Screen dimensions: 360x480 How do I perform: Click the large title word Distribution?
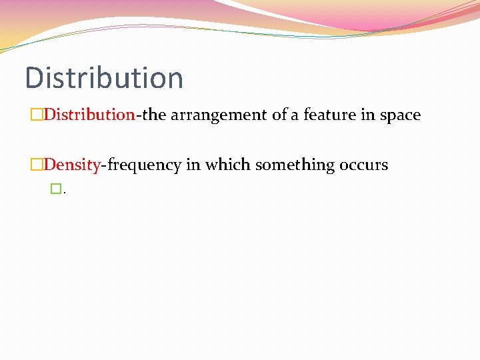point(103,77)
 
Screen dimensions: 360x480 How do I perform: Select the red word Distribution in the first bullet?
point(89,115)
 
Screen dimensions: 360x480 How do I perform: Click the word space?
point(400,115)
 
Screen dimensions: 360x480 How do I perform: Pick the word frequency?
point(144,165)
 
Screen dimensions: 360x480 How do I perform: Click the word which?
point(222,165)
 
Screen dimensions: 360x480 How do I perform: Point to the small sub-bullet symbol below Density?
point(55,189)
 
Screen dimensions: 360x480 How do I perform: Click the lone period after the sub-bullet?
point(64,192)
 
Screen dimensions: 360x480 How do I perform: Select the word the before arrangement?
point(154,115)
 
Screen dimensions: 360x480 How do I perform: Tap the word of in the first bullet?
point(279,115)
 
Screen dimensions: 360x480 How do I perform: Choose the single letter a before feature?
point(295,115)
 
